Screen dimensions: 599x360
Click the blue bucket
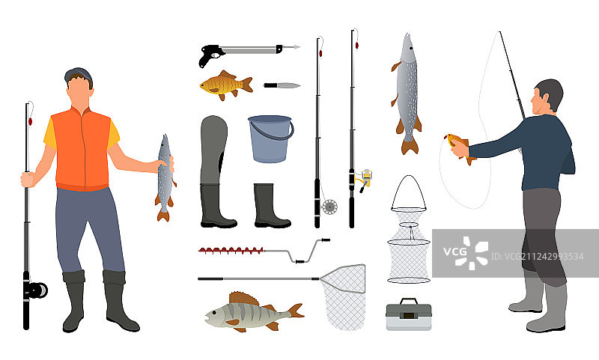[271, 139]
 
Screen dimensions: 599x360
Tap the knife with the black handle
[282, 85]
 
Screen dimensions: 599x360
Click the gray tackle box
[409, 315]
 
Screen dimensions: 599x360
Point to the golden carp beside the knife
[226, 85]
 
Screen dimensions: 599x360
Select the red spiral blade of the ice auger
[231, 251]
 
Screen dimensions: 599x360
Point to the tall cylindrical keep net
[409, 230]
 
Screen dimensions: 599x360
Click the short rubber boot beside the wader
[271, 206]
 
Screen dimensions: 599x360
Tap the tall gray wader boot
[216, 172]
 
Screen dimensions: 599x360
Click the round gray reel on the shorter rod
[329, 207]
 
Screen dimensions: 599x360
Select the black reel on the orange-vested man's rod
[36, 290]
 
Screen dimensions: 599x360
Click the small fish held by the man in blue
[460, 147]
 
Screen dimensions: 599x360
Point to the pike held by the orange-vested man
[165, 177]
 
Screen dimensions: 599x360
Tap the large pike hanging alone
[407, 94]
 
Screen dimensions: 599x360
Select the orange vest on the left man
[82, 149]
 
